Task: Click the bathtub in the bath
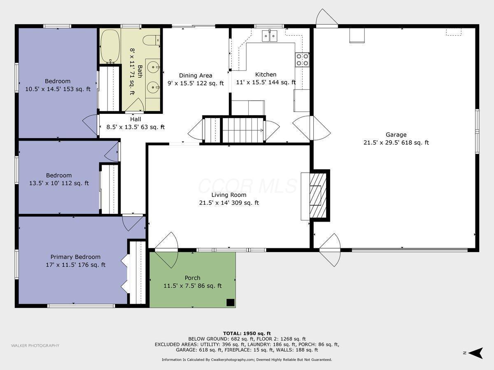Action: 110,46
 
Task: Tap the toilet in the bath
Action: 151,40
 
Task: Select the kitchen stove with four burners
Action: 302,60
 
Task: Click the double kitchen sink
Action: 270,36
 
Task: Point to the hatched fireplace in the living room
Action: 317,195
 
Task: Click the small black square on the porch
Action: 231,303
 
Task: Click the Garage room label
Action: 396,134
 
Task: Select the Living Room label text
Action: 229,195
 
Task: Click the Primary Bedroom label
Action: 75,257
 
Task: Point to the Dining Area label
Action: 196,75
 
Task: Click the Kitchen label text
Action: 266,74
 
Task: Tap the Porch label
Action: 192,278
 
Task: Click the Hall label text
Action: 135,119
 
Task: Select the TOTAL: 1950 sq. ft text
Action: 247,333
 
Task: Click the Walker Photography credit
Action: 35,346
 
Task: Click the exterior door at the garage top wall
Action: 326,18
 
